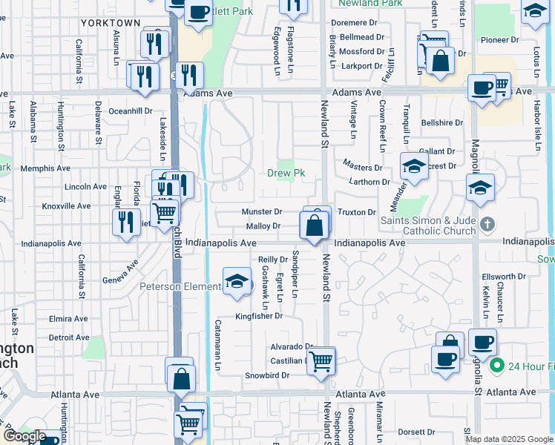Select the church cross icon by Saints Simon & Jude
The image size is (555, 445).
(x=487, y=223)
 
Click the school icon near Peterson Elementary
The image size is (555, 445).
(x=237, y=283)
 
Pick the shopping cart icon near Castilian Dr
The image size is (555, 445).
(x=321, y=362)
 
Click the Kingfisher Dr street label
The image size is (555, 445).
(x=260, y=316)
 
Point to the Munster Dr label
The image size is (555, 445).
(x=262, y=212)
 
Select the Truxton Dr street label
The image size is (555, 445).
(x=357, y=212)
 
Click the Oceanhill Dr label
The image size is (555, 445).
(x=131, y=111)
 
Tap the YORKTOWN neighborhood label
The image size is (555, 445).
(x=111, y=23)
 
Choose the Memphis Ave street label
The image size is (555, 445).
(x=45, y=168)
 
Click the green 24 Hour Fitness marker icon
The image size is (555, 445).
(x=496, y=366)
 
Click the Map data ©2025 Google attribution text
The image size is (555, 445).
(x=508, y=438)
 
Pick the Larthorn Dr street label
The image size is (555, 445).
(x=366, y=182)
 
